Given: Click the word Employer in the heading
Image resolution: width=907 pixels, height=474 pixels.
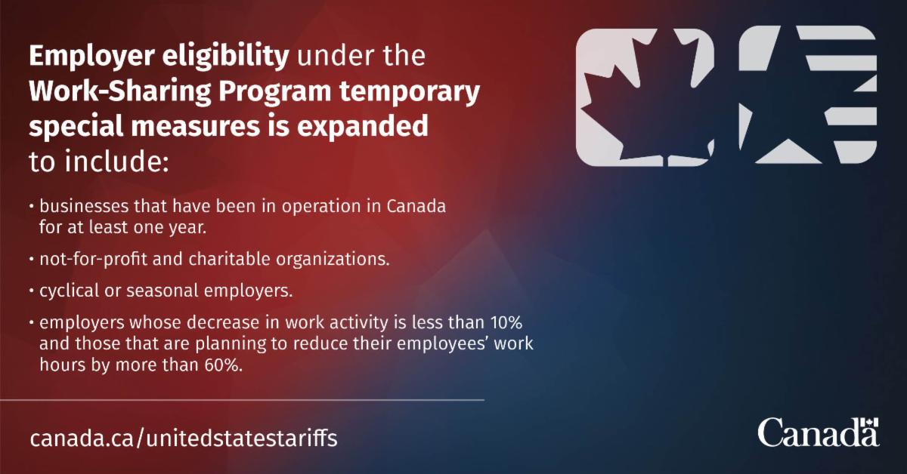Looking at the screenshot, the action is pos(92,57).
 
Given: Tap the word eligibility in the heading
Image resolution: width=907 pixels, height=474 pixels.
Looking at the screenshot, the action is pos(225,57).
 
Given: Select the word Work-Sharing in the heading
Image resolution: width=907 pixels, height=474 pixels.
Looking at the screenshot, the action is pos(120,92).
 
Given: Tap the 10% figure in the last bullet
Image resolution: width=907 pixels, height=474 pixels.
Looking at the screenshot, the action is pos(506,322).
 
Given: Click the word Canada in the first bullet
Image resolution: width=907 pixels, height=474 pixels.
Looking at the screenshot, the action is pos(416,206).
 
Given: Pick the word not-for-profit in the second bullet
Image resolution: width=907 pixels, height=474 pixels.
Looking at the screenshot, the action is pos(93,259).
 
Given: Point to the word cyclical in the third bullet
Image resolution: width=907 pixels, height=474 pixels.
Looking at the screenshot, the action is pos(69,291).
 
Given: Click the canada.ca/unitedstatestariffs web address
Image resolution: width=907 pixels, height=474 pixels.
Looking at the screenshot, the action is pos(184,438).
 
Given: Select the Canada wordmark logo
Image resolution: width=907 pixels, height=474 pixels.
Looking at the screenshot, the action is pos(819,432).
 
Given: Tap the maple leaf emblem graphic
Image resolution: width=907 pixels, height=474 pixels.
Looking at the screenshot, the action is pos(645,97).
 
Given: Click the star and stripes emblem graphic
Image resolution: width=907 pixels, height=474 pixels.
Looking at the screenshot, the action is pos(808,95).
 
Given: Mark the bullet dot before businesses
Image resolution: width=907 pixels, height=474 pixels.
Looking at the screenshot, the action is pos(32,206).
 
